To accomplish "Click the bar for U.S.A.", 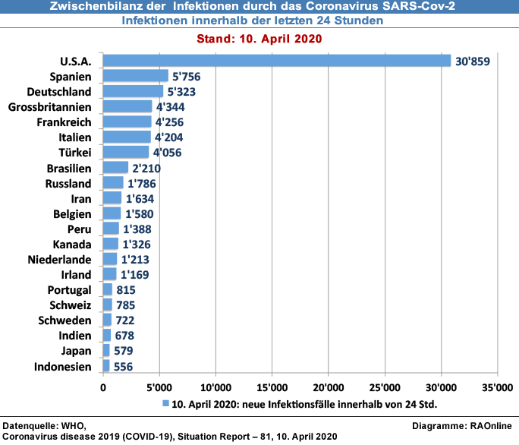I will pos(277,61).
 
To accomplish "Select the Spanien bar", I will pos(135,76).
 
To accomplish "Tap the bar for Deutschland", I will pos(133,91).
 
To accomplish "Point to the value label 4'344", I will pos(169,107).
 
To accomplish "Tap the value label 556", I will pos(122,367).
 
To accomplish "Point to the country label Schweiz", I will pos(72,305).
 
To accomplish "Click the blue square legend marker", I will pos(165,403).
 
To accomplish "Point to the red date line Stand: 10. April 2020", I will pos(259,39).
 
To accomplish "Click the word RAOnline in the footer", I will pos(491,424).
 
